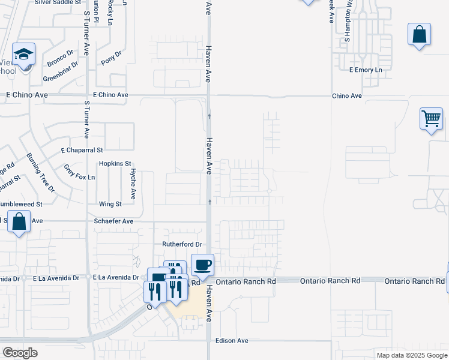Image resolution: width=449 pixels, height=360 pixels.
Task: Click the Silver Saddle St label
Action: click(58, 2)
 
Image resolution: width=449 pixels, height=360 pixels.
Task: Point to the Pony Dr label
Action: click(112, 58)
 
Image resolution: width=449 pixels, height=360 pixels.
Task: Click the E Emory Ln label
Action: click(366, 70)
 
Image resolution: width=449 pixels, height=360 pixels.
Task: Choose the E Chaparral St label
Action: click(82, 150)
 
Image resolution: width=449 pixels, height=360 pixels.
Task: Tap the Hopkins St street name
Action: click(115, 163)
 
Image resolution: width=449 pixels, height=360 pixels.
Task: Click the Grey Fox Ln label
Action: click(79, 174)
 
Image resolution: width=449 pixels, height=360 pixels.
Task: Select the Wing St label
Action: click(111, 204)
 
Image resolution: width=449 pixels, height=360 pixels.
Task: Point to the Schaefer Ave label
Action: click(113, 221)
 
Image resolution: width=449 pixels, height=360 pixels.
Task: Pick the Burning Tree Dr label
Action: click(40, 172)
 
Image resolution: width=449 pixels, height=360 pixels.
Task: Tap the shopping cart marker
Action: click(431, 119)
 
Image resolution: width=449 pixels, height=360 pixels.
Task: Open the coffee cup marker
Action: click(202, 265)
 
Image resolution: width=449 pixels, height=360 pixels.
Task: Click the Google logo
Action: click(20, 353)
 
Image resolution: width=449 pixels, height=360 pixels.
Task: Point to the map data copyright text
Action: click(411, 355)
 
